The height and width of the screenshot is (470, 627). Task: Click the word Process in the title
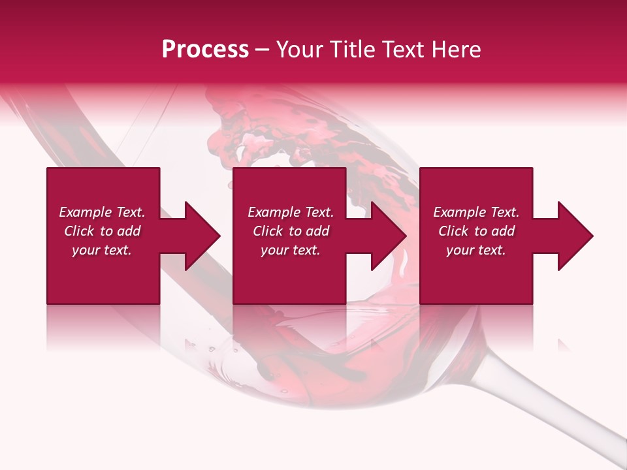click(x=205, y=50)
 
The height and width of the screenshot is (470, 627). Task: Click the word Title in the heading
click(x=353, y=50)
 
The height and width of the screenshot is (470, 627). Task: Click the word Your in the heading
click(x=300, y=50)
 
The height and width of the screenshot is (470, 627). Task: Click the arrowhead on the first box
click(x=199, y=236)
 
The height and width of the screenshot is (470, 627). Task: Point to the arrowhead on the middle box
click(x=386, y=236)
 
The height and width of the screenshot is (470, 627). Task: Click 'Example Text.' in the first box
click(x=102, y=212)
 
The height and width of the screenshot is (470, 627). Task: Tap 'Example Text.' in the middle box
click(x=291, y=212)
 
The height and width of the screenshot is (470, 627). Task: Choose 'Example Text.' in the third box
click(x=476, y=212)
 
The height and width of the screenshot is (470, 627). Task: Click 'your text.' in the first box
click(x=102, y=250)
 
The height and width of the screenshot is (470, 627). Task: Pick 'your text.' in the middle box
click(x=291, y=250)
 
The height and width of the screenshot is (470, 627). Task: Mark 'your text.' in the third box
click(x=476, y=250)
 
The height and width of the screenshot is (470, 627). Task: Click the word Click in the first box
click(x=80, y=231)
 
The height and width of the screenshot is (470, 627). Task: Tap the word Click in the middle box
click(x=268, y=231)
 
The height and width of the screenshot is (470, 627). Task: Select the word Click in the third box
click(x=454, y=231)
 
